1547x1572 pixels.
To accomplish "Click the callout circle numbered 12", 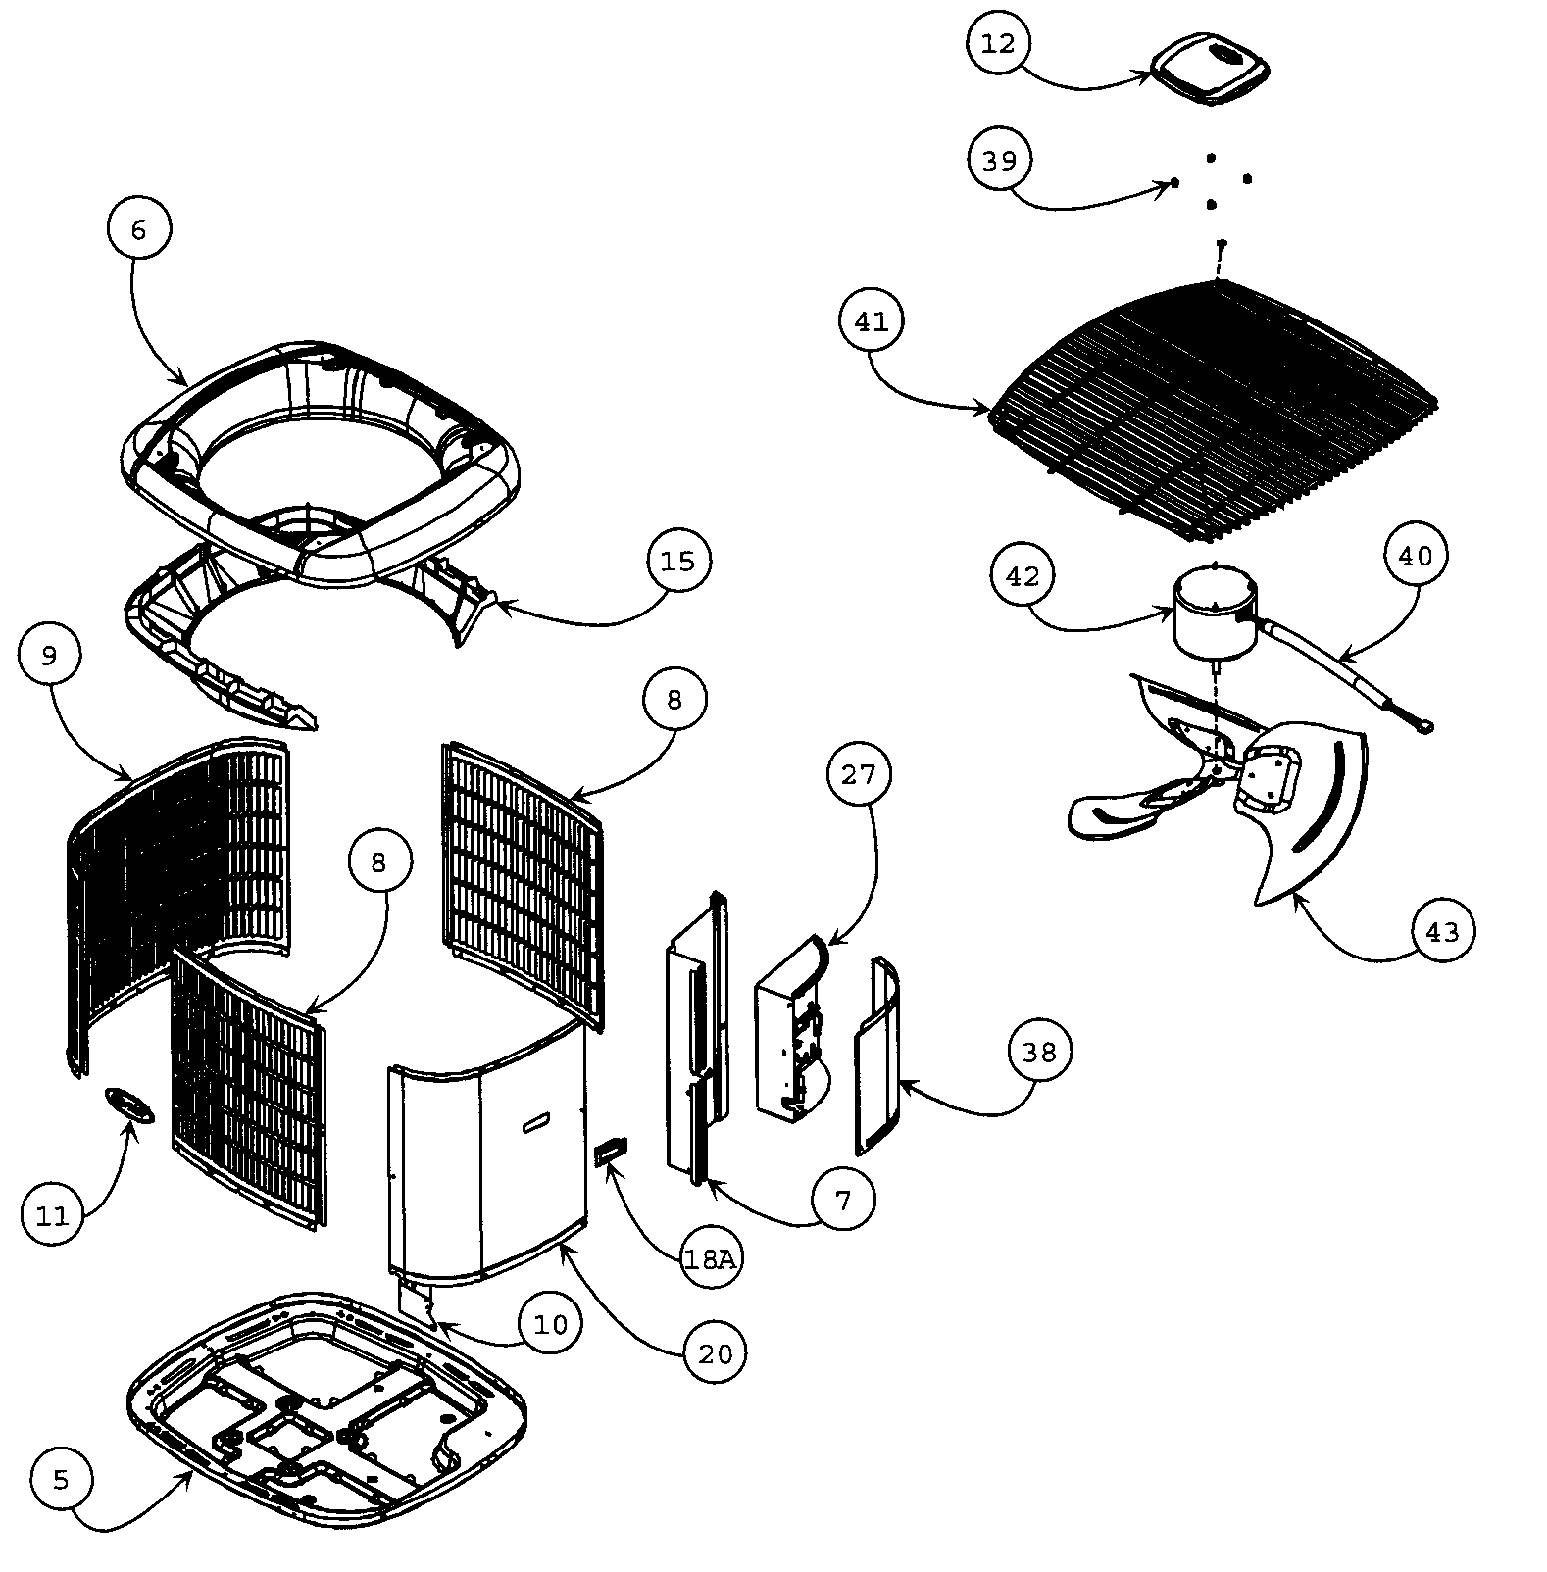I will (998, 44).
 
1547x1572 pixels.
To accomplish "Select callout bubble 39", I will (999, 160).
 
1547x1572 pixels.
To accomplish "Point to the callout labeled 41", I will (872, 321).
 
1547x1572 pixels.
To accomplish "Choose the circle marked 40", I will (1415, 557).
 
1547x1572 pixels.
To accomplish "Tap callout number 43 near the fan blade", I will (1442, 931).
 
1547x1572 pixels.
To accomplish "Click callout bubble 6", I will (138, 229).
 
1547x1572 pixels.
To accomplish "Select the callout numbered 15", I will (677, 562).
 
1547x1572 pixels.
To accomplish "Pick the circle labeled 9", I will (50, 656).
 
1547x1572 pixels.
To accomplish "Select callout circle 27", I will (858, 774).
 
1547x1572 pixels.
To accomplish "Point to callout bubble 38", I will (1039, 1052).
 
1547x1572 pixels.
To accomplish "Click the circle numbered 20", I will (715, 1353).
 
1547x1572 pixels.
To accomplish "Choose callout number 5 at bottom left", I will (62, 1480).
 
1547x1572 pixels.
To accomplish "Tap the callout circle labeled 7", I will (844, 1198).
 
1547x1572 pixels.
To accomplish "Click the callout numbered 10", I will (550, 1325).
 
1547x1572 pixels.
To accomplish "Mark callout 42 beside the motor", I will (1023, 576).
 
